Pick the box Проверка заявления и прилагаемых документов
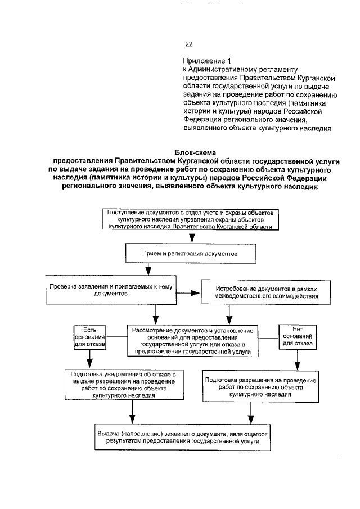pyautogui.click(x=111, y=289)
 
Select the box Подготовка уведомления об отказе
pyautogui.click(x=123, y=384)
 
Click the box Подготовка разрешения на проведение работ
pyautogui.click(x=260, y=387)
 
